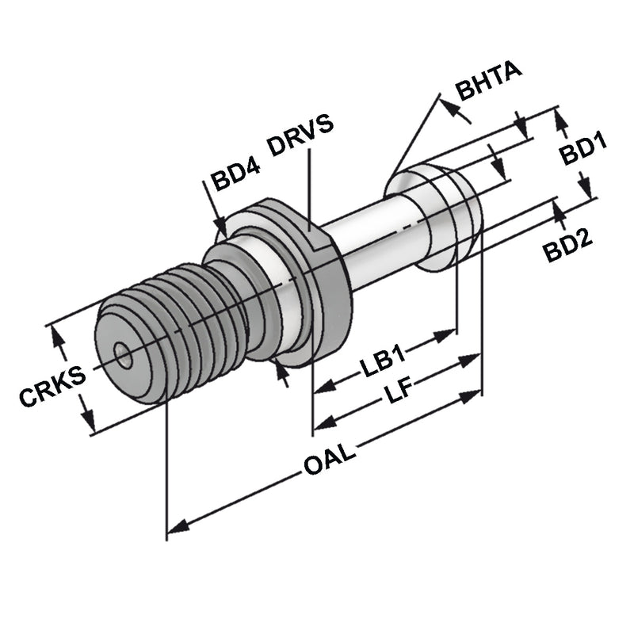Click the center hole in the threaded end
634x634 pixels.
click(122, 356)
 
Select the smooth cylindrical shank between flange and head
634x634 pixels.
click(372, 246)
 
